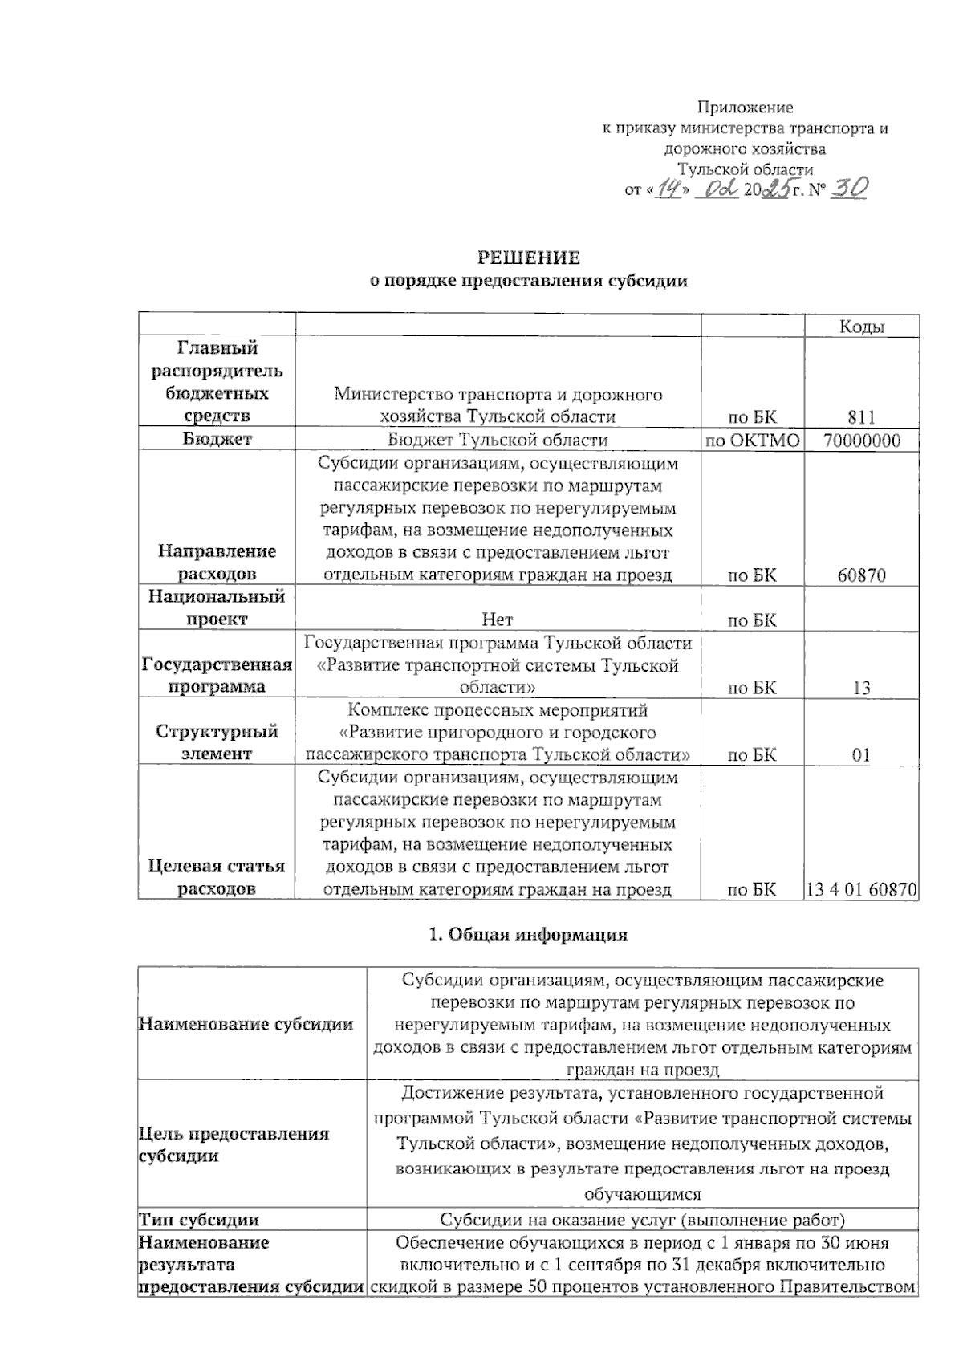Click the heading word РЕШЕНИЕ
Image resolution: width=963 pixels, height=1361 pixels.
(529, 258)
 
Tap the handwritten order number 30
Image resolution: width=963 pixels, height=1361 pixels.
(848, 188)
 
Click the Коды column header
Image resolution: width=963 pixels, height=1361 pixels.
(862, 327)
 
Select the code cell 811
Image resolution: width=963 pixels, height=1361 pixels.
(862, 417)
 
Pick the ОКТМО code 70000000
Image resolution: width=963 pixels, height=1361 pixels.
(862, 441)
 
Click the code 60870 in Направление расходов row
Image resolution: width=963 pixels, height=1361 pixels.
(862, 575)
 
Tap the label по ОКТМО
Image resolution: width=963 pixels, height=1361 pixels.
(753, 441)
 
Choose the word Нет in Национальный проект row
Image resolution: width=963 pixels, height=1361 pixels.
(498, 620)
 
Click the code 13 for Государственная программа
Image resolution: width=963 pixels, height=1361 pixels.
(862, 688)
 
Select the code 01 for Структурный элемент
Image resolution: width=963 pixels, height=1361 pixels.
(862, 755)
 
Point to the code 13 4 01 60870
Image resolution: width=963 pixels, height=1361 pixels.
(862, 889)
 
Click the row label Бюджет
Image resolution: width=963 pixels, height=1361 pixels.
(217, 439)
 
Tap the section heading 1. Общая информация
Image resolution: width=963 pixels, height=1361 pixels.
(529, 935)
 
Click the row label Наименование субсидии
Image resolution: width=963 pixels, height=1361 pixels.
(246, 1024)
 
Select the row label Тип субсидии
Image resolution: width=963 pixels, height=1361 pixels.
(199, 1220)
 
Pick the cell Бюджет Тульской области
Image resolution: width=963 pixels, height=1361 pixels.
(498, 440)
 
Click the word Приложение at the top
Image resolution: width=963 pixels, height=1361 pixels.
(745, 108)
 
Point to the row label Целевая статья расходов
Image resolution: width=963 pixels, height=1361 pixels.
(217, 877)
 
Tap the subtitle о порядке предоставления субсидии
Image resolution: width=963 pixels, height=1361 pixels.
(528, 281)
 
